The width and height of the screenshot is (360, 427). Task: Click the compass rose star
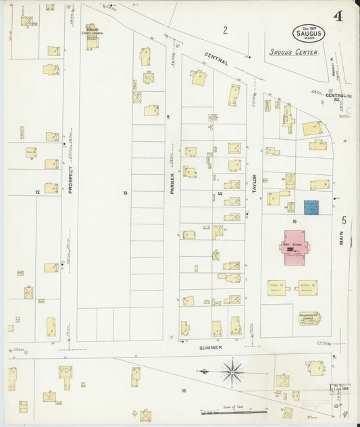[x=232, y=370]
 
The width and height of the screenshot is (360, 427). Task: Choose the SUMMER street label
[x=211, y=347]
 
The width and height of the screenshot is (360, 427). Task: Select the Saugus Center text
[x=292, y=51]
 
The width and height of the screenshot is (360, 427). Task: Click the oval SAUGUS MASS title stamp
[x=309, y=33]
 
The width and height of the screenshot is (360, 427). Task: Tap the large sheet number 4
[x=336, y=16]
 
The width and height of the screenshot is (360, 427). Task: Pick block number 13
[x=125, y=193]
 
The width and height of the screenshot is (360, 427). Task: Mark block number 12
[x=38, y=193]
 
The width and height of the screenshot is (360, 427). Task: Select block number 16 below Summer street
[x=183, y=390]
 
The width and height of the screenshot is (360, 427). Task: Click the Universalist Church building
[x=309, y=318]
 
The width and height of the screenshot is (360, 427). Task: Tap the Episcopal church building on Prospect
[x=91, y=37]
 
